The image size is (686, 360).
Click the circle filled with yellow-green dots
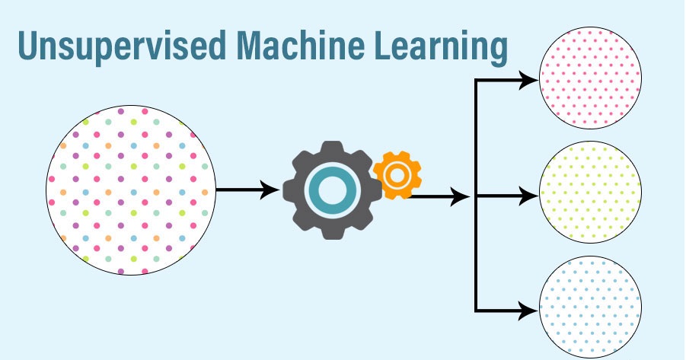tap(590, 196)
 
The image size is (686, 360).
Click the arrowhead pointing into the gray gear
tap(270, 190)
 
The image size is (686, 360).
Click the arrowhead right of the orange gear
tap(462, 197)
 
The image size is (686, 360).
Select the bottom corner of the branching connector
tap(477, 310)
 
